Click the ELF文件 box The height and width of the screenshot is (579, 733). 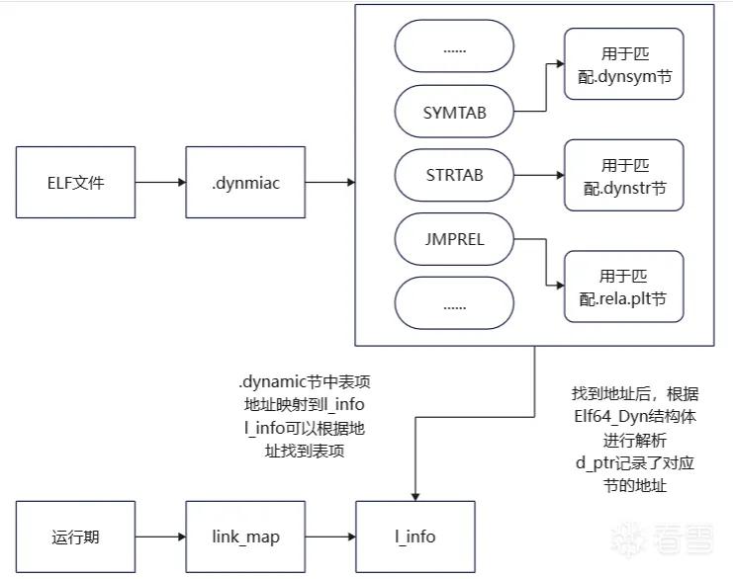(76, 182)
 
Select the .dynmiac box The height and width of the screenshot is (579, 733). (245, 182)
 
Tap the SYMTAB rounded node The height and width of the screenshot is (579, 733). (454, 112)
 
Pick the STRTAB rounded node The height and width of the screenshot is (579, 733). (454, 175)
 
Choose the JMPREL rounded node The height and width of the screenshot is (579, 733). (454, 239)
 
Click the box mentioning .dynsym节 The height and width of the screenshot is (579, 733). (624, 64)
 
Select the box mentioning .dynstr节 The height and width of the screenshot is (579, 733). (624, 175)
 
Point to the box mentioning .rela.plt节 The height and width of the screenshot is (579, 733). (624, 287)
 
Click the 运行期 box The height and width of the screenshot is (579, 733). (76, 537)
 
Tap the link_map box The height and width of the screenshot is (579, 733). (245, 537)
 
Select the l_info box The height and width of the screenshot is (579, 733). (415, 537)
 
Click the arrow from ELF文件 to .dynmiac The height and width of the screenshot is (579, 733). (161, 182)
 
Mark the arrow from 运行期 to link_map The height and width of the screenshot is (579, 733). (161, 537)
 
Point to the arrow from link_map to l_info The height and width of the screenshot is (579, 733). (330, 537)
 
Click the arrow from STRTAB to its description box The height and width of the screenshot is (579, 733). (539, 175)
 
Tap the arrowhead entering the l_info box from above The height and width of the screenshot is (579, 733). (415, 497)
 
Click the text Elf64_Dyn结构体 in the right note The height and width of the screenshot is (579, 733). (635, 417)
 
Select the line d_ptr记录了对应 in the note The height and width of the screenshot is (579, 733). (635, 462)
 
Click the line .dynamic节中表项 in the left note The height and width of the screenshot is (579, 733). (305, 381)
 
